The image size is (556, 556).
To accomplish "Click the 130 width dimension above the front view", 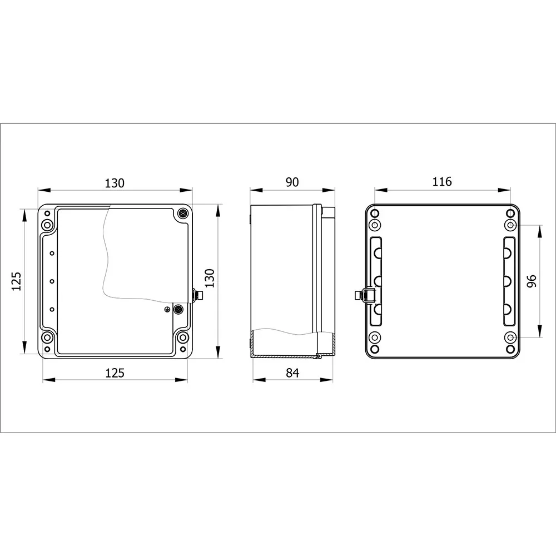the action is click(x=115, y=183).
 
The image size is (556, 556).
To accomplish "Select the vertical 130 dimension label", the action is click(x=210, y=278).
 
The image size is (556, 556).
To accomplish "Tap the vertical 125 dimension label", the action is click(x=17, y=281).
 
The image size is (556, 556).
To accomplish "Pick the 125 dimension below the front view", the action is click(x=115, y=373).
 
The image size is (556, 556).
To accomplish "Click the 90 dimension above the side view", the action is click(x=292, y=182).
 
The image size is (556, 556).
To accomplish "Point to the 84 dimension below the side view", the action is click(x=292, y=373).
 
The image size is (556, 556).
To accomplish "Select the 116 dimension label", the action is click(x=442, y=182).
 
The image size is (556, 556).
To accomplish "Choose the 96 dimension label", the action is click(x=532, y=281).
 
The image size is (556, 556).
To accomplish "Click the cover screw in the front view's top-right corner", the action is click(x=182, y=214).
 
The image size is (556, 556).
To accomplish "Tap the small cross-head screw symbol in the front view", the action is click(x=167, y=310).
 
